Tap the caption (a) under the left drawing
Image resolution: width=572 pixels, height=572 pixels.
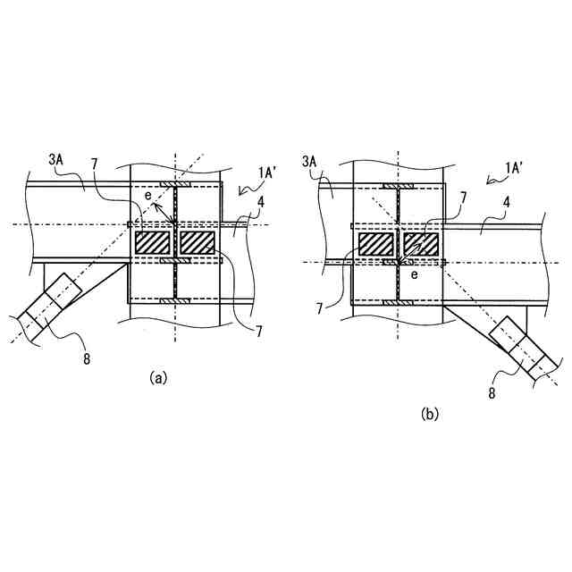point(157,378)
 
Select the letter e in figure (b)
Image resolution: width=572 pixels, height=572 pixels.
point(413,275)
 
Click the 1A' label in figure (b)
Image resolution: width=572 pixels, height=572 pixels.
point(515,167)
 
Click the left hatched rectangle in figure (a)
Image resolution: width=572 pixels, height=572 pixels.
point(153,242)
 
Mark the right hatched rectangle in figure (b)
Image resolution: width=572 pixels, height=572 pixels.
point(420,243)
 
